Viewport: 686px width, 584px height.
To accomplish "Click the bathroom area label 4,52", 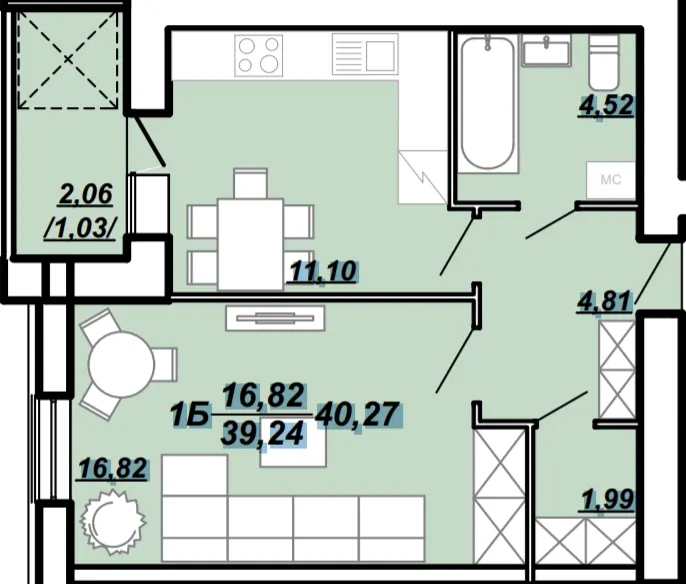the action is pos(606,105).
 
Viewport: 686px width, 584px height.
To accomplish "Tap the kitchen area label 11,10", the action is pos(323,271).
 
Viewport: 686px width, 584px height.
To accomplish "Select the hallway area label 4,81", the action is pos(605,301).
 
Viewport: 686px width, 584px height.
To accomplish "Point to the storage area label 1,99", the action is pos(607,500).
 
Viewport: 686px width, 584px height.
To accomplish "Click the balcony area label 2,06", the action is pos(85,195).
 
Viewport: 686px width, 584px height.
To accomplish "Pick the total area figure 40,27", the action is pos(357,414).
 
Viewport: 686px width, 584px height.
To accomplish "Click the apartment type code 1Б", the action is pos(189,415).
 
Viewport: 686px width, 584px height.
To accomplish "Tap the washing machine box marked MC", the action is pos(610,180).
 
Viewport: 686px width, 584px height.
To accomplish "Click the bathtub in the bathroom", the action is pos(488,103).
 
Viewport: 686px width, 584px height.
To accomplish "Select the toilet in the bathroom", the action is pos(603,63).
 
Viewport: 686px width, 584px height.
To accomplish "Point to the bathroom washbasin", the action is pos(546,50).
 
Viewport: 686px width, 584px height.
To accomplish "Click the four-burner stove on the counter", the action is pos(259,56).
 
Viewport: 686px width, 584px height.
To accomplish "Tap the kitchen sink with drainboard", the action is pos(365,54).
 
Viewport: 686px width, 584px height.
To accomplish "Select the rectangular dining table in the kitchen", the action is pos(250,244).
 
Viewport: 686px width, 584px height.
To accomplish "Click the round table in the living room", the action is pos(121,364).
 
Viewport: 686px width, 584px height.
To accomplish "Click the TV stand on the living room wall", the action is pos(275,318).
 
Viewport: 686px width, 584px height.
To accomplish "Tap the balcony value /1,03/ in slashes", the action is pos(80,229).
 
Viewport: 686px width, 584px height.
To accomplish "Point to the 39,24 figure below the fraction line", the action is pos(262,434).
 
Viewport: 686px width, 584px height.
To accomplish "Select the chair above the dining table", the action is pos(250,183).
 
